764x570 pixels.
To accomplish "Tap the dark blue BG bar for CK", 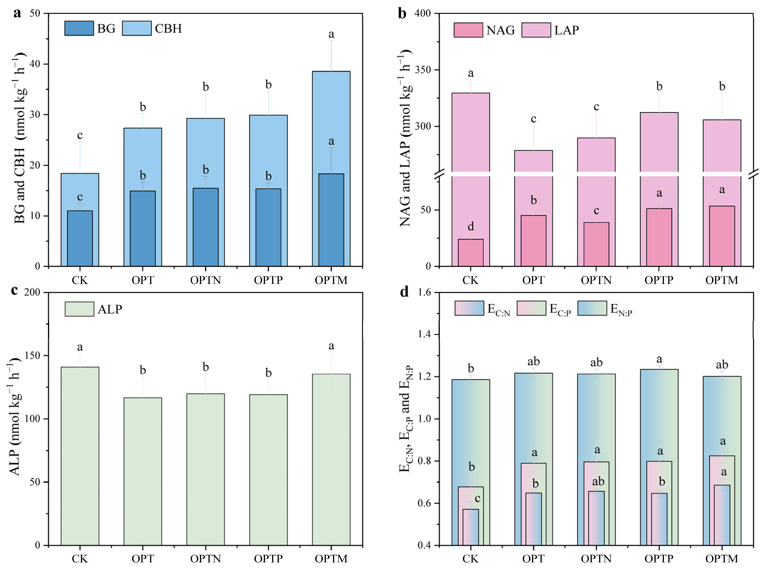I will [x=80, y=238].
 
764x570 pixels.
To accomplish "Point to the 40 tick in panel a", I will [x=35, y=64].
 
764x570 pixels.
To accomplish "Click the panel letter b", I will [x=402, y=14].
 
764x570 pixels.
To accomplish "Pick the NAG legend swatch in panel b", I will [x=468, y=30].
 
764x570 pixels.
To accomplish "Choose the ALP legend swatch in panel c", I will [x=79, y=309].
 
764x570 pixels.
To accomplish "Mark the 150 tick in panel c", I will [x=33, y=355].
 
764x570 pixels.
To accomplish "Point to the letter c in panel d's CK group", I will [x=477, y=498].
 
